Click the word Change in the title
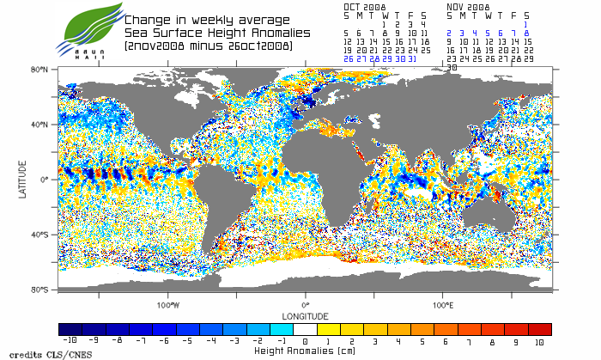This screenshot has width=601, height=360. click(x=148, y=20)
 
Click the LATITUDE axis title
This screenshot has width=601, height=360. click(x=23, y=179)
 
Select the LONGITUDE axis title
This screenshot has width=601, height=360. click(x=305, y=315)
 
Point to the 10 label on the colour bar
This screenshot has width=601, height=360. click(x=540, y=341)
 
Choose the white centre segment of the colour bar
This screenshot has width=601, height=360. click(x=305, y=329)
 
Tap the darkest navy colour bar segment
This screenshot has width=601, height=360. click(x=70, y=329)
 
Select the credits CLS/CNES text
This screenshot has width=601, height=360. click(x=34, y=353)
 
